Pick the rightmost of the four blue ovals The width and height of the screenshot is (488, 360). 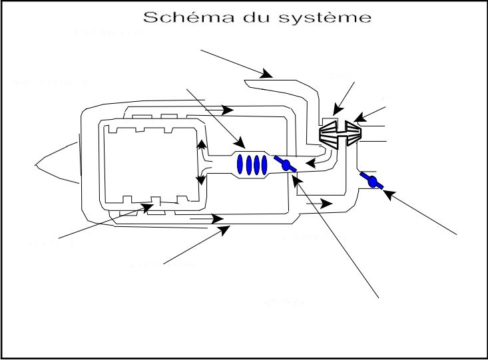264,164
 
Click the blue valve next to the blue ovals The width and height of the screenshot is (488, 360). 288,166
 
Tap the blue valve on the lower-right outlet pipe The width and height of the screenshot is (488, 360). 372,180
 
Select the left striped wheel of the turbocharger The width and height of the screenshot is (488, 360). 333,135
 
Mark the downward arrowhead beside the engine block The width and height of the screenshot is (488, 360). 200,180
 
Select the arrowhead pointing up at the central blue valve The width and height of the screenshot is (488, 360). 295,176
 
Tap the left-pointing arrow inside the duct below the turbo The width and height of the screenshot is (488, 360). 310,162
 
